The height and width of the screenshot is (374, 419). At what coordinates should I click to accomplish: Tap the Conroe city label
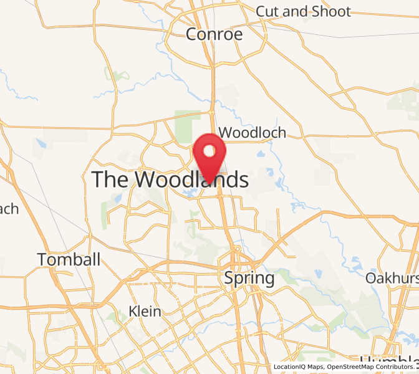coord(214,34)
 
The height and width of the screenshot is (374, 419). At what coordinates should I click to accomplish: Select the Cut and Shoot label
coord(303,11)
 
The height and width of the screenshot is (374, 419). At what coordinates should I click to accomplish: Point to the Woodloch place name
coord(253,132)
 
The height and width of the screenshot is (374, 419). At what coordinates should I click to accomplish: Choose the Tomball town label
coord(69,259)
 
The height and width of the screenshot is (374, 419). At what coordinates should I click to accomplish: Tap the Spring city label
coord(249,278)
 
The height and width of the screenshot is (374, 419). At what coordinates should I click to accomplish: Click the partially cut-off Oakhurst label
coord(392,277)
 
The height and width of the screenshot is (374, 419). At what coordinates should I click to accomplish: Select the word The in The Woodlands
coord(111,180)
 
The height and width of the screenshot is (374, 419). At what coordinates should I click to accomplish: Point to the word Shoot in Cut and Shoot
coord(331,11)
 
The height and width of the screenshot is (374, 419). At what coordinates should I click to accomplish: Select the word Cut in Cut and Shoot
coord(268,11)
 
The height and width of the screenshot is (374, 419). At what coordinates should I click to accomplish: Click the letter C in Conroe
coord(192,34)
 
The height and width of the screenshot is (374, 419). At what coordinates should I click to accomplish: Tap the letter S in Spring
coord(229,278)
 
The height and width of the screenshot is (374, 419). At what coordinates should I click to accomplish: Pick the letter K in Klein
coord(132,311)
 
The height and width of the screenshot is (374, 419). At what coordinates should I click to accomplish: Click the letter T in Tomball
coord(42,259)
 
